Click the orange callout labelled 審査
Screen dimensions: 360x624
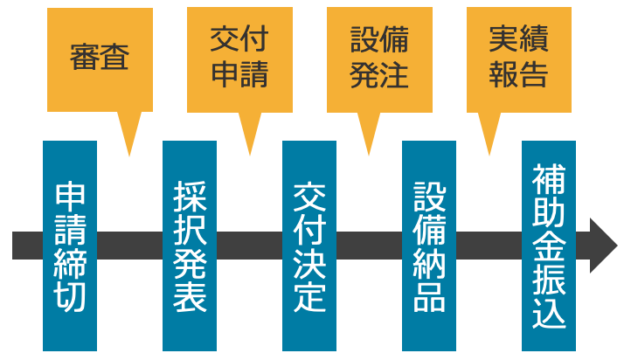coord(100,60)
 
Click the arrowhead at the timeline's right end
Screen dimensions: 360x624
coord(602,246)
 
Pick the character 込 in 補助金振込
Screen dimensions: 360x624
coord(549,311)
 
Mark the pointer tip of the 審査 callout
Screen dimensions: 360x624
coord(129,154)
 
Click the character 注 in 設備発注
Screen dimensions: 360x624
coord(393,74)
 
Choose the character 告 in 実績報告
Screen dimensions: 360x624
coord(533,74)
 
